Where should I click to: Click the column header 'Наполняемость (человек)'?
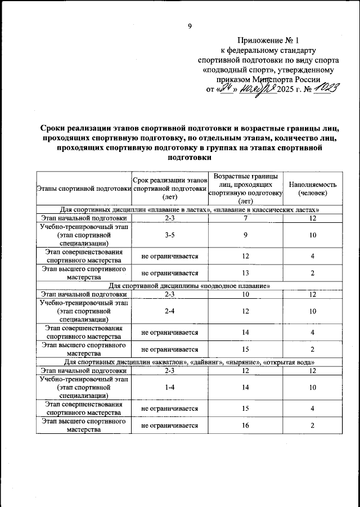pyautogui.click(x=312, y=188)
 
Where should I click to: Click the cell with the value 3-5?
pyautogui.click(x=169, y=235)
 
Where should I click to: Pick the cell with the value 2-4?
pyautogui.click(x=169, y=311)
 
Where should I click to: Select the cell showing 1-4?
pyautogui.click(x=169, y=387)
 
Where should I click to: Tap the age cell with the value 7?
pyautogui.click(x=245, y=217)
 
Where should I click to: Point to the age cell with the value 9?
pyautogui.click(x=245, y=235)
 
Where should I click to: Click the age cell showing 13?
pyautogui.click(x=245, y=273)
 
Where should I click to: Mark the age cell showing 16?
pyautogui.click(x=245, y=425)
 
